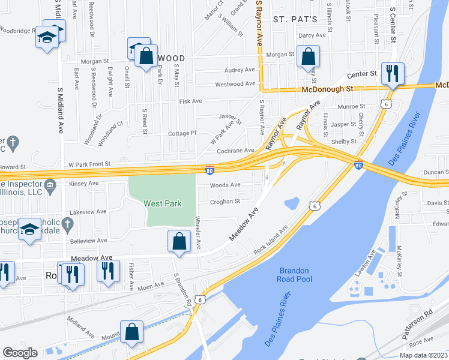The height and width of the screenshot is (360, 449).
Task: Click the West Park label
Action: [x=162, y=203]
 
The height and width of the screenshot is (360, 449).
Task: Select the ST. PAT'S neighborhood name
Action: [x=295, y=19]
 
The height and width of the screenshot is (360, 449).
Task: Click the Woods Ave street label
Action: [x=225, y=185]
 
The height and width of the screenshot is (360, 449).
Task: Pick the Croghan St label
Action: [x=225, y=202]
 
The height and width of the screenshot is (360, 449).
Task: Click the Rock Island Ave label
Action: [x=270, y=239]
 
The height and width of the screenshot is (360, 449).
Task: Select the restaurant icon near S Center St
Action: [x=393, y=73]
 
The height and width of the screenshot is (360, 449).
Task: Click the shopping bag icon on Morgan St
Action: [x=308, y=57]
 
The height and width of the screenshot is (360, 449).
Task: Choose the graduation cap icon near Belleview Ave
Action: [x=30, y=230]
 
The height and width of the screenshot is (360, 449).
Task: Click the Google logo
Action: [x=20, y=353]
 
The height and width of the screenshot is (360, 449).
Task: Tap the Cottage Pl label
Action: [x=182, y=133]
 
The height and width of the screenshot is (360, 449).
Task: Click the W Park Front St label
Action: [x=90, y=163]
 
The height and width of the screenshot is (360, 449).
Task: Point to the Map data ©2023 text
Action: [x=423, y=355]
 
